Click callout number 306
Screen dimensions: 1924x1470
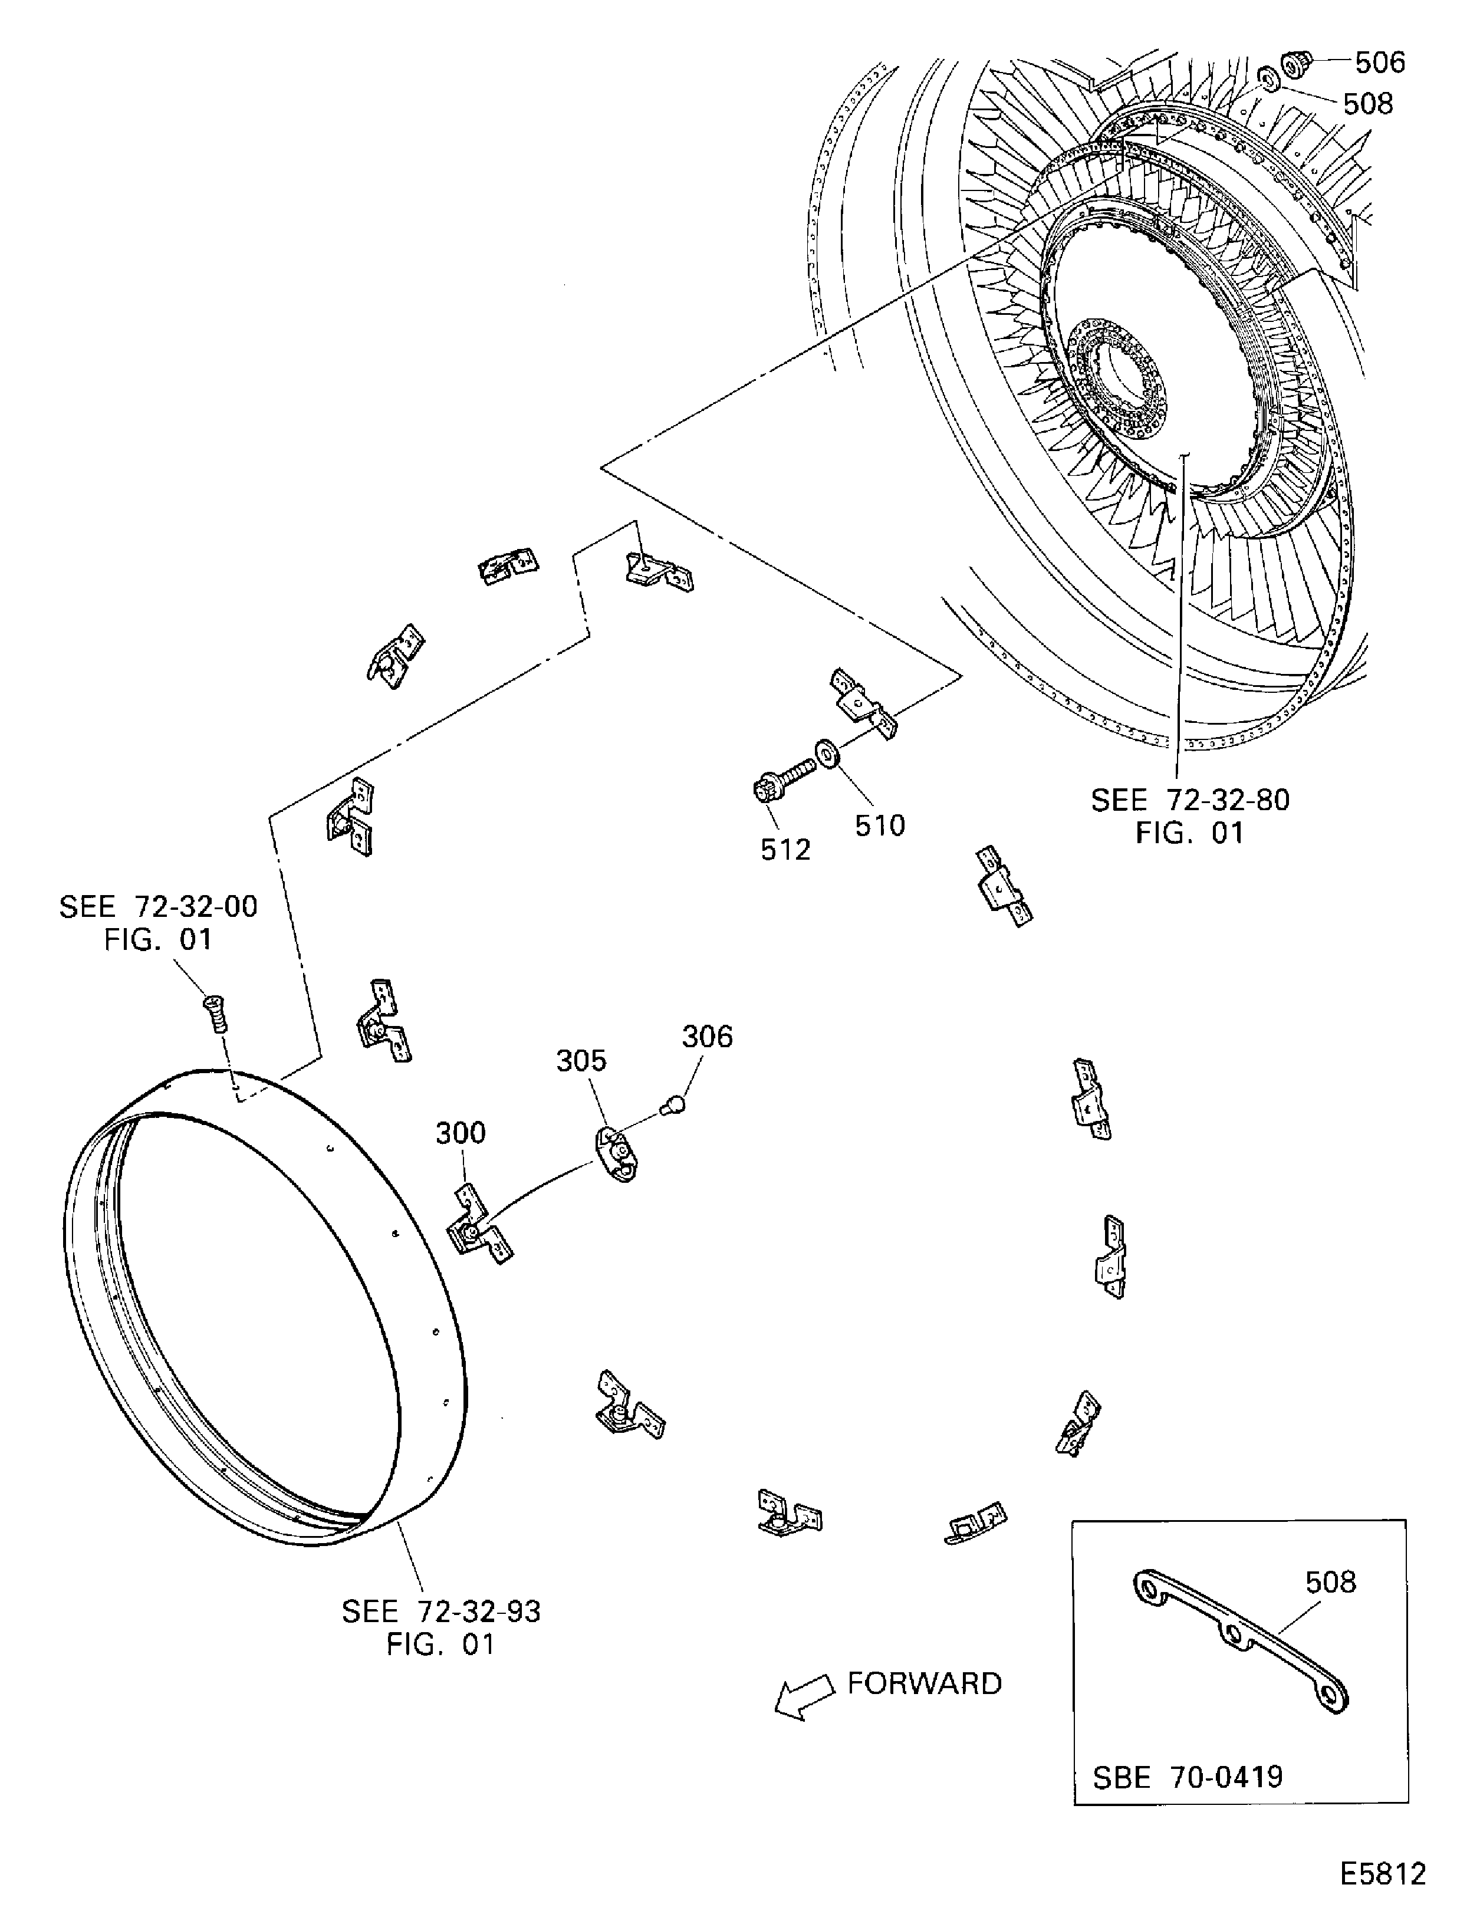(707, 1037)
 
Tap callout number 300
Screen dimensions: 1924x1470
(461, 1133)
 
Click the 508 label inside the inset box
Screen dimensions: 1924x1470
(1330, 1582)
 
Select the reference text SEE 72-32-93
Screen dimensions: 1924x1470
(441, 1611)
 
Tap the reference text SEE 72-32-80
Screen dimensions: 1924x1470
(1190, 800)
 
